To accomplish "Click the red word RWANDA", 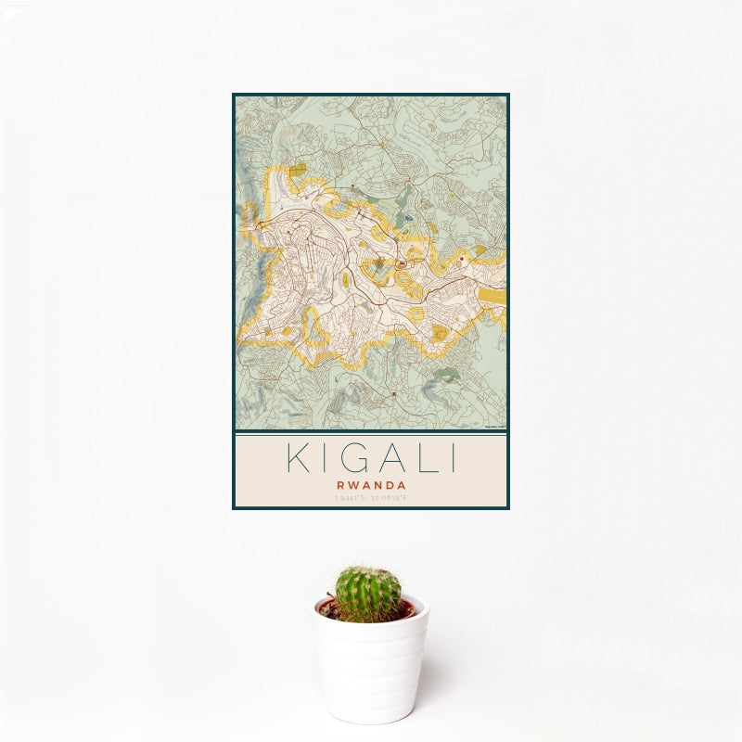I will pyautogui.click(x=370, y=484).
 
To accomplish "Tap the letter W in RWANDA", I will pyautogui.click(x=356, y=484).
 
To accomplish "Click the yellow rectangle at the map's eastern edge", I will pyautogui.click(x=492, y=298).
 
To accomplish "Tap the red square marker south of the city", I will pyautogui.click(x=394, y=393).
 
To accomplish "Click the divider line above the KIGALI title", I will pyautogui.click(x=370, y=432).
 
